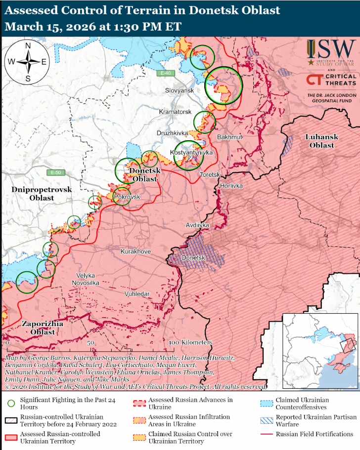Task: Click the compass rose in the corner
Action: [x=28, y=62]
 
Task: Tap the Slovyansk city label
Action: [x=180, y=90]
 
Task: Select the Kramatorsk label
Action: [x=175, y=112]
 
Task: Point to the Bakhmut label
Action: [x=230, y=137]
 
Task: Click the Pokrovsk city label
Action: [x=127, y=197]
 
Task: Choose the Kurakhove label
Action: [x=135, y=251]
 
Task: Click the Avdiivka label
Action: [x=197, y=225]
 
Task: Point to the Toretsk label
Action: [x=209, y=175]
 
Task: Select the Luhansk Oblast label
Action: [x=321, y=141]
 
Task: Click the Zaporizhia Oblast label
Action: [x=43, y=327]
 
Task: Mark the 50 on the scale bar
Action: [x=90, y=342]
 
